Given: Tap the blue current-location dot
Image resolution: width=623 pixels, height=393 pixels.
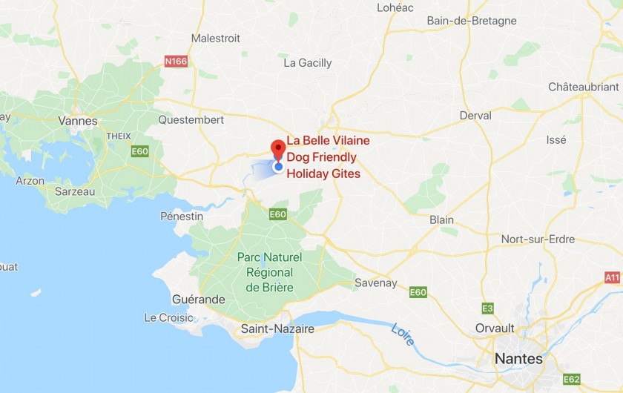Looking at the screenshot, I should [278, 167].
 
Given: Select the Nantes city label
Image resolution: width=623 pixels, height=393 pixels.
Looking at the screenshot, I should [518, 359].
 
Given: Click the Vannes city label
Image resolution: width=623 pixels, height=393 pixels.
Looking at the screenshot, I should [78, 120].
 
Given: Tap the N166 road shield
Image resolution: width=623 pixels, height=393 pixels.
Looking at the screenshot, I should [176, 61].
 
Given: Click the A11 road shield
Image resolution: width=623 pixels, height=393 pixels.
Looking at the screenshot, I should [612, 277].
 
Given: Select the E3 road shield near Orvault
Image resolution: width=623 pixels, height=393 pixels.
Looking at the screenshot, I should [487, 308].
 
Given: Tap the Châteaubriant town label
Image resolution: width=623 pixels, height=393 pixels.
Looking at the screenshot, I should [583, 87].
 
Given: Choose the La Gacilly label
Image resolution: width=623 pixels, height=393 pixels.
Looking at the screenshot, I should [308, 63].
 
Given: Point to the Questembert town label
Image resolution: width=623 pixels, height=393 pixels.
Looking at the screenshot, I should [191, 119].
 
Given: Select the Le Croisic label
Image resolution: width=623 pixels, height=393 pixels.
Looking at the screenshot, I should [168, 317].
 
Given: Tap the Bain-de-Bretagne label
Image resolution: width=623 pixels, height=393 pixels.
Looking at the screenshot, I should [472, 21].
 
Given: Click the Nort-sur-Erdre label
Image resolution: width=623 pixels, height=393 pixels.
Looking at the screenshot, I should [538, 239].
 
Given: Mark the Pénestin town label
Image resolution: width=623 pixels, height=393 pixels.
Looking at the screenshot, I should [182, 216].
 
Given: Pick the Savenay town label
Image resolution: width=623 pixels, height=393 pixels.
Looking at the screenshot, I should [376, 283].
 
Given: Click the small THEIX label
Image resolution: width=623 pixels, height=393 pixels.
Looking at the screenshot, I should [118, 136].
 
